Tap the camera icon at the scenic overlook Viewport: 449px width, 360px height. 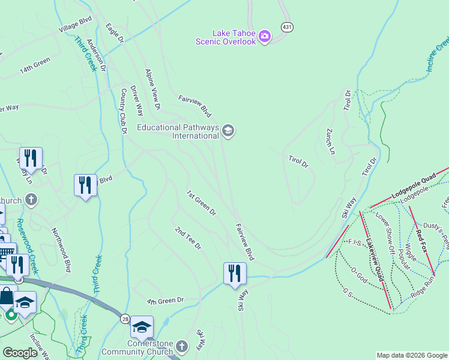pyautogui.click(x=265, y=37)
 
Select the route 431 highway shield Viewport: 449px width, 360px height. pyautogui.click(x=288, y=27)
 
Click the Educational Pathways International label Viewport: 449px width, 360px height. pyautogui.click(x=178, y=131)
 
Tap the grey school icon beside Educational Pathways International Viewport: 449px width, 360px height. pyautogui.click(x=228, y=130)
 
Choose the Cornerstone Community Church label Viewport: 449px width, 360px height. pyautogui.click(x=138, y=347)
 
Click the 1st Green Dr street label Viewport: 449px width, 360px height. pyautogui.click(x=201, y=203)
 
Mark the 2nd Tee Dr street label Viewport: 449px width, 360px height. pyautogui.click(x=188, y=238)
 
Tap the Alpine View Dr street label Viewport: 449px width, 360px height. pyautogui.click(x=153, y=89)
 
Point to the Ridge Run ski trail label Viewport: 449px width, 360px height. pyautogui.click(x=423, y=288)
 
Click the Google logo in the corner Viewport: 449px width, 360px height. pyautogui.click(x=20, y=353)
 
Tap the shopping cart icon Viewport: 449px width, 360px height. pyautogui.click(x=6, y=252)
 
